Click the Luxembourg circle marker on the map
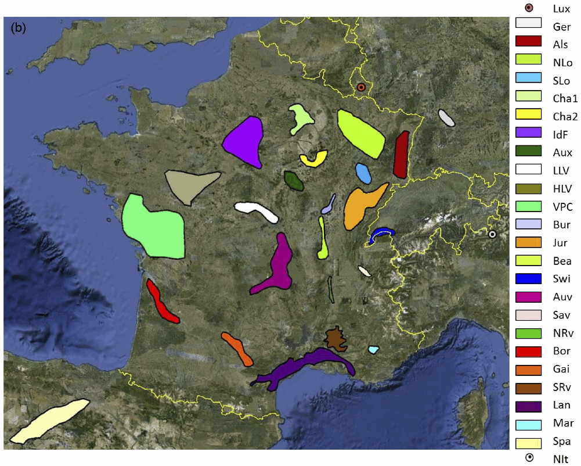(x=360, y=88)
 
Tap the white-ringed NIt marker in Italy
(x=492, y=235)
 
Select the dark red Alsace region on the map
(x=400, y=155)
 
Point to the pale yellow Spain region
(x=49, y=421)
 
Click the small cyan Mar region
(x=373, y=349)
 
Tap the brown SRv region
(x=335, y=339)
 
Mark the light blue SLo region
(x=363, y=173)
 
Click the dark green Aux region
(x=294, y=181)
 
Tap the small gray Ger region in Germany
(x=446, y=118)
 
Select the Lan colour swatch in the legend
(x=528, y=405)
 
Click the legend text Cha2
(x=565, y=117)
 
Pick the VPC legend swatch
(x=528, y=206)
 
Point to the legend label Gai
(x=561, y=369)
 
